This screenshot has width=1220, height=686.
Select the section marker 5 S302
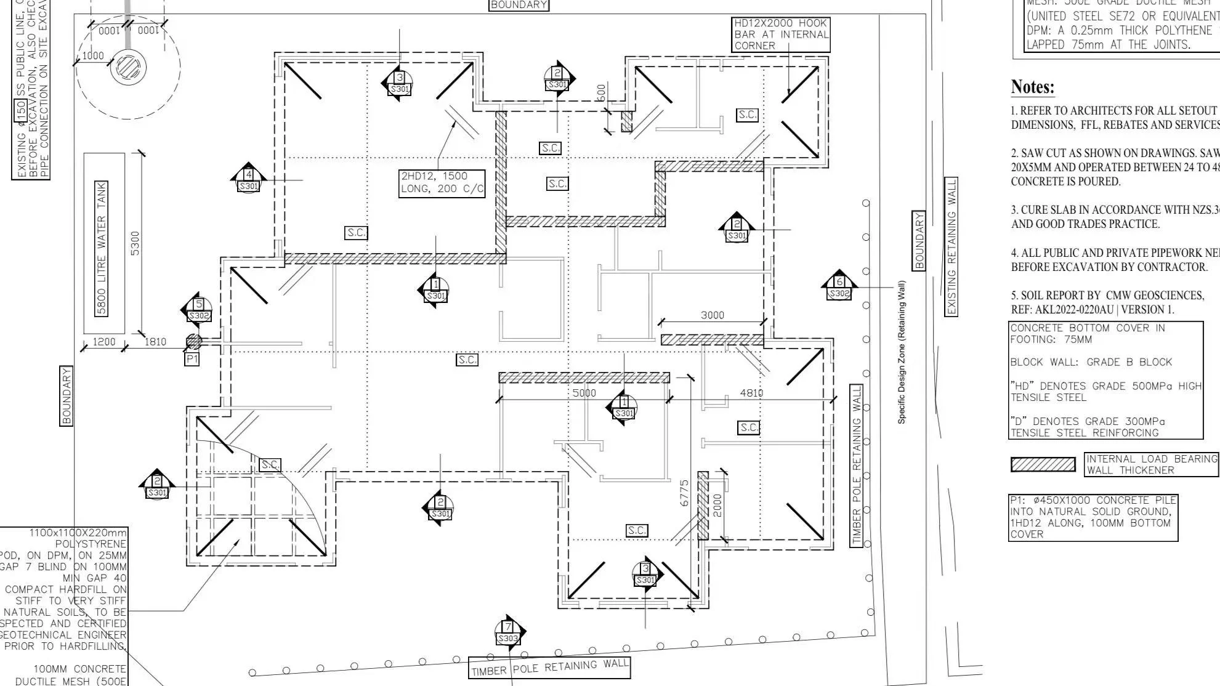tap(198, 310)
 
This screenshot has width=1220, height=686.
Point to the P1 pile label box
tap(192, 358)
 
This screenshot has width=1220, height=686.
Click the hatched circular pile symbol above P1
tap(193, 341)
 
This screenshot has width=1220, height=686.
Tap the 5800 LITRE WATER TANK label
tap(102, 248)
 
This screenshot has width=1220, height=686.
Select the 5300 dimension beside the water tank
tap(135, 243)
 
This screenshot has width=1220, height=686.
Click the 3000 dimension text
tap(713, 315)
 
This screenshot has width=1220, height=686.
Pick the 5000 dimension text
tap(584, 393)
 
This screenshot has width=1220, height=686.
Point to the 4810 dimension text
tap(751, 393)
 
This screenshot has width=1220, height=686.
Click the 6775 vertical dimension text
tap(684, 493)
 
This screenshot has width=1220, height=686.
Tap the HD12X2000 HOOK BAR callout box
tap(781, 34)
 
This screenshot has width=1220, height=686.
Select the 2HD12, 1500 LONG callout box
tap(442, 183)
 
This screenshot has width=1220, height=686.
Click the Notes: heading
tap(1033, 87)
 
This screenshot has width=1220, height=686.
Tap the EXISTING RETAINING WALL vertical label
tap(951, 247)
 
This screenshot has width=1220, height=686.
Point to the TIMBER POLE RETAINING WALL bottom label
tap(549, 668)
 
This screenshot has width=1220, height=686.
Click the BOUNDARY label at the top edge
tap(519, 5)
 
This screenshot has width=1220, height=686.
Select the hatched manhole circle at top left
tap(128, 67)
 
